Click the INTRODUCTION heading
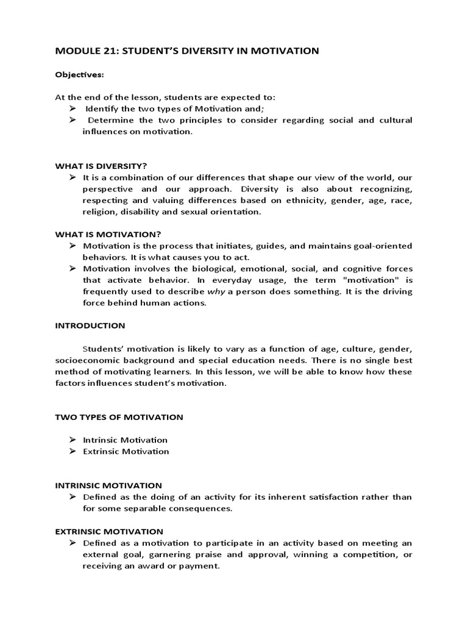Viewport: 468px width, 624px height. [90, 325]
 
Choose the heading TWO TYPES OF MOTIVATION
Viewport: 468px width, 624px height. [119, 417]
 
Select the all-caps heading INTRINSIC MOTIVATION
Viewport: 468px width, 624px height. [108, 486]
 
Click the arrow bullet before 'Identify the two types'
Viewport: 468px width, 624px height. [71, 108]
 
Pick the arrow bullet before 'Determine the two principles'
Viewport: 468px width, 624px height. [71, 120]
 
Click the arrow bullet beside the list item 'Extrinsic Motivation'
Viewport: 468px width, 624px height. [71, 452]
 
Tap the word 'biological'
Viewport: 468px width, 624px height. [205, 269]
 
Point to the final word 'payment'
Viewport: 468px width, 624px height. [201, 565]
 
